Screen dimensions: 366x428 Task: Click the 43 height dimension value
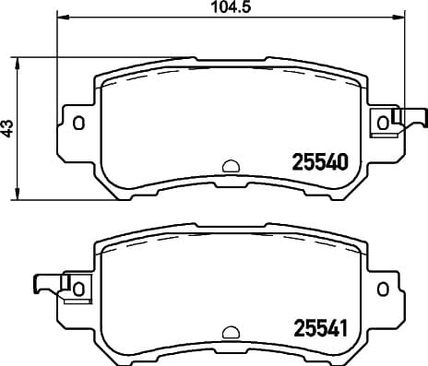pyautogui.click(x=9, y=128)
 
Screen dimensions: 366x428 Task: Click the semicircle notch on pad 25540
pyautogui.click(x=231, y=166)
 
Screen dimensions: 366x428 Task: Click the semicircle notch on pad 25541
pyautogui.click(x=231, y=331)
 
